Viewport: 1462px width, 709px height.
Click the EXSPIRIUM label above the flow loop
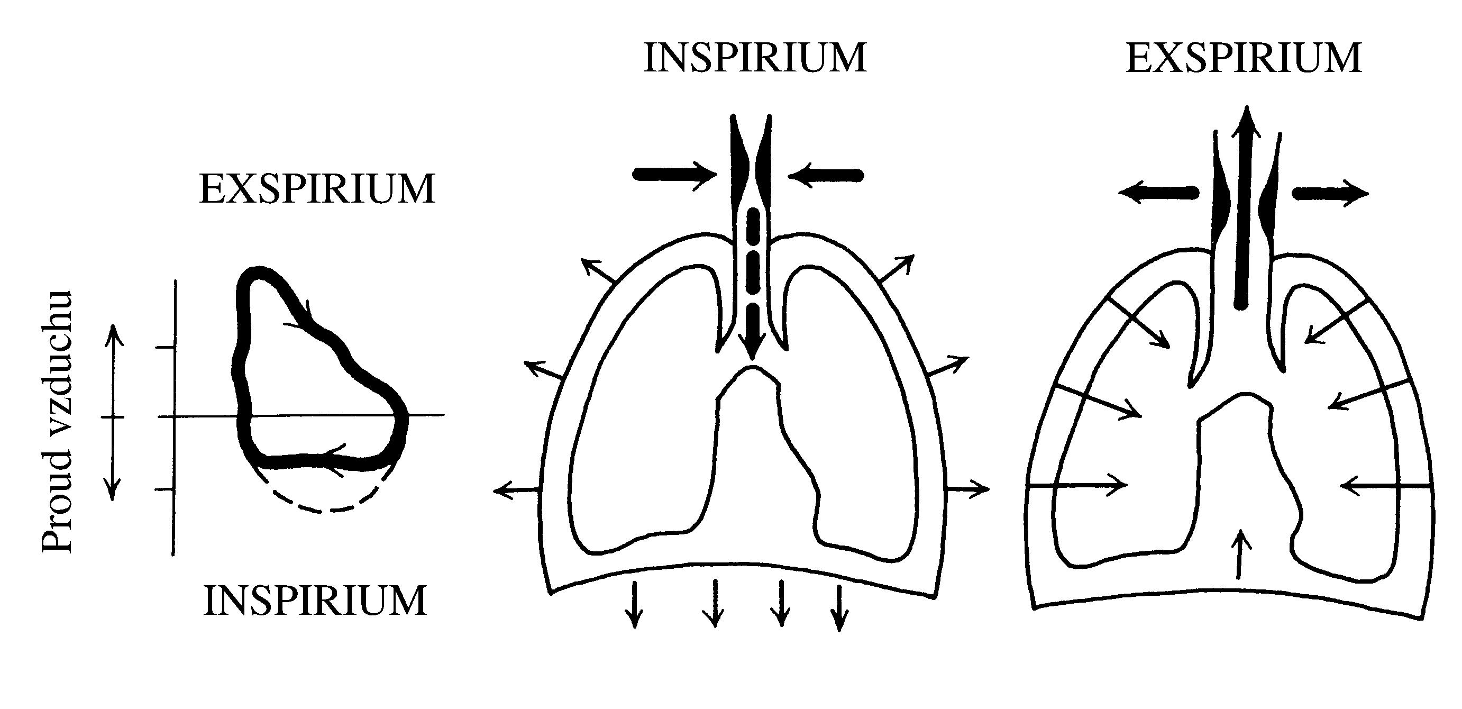[x=317, y=189]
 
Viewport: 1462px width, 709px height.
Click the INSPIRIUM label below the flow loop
[x=315, y=601]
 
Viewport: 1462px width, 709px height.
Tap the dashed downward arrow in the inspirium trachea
[x=752, y=284]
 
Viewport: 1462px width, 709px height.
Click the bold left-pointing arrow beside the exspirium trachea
[x=1158, y=194]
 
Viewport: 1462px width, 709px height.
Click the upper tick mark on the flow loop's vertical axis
[x=166, y=347]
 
